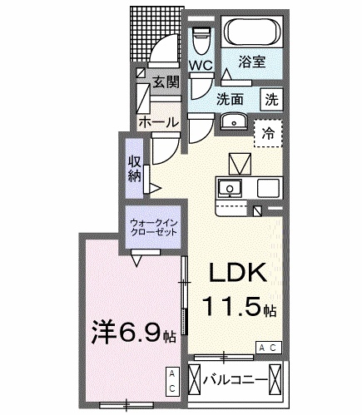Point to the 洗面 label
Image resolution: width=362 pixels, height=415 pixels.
pos(231,98)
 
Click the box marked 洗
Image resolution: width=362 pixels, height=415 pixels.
pos(271,96)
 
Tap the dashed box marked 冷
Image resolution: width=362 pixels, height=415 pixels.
pos(269,132)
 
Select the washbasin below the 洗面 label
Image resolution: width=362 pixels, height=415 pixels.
pos(233,124)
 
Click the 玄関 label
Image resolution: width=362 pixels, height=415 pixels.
pos(166,82)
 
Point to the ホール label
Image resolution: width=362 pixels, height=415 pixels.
pos(156,121)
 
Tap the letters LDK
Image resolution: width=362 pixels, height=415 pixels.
pos(236,274)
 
